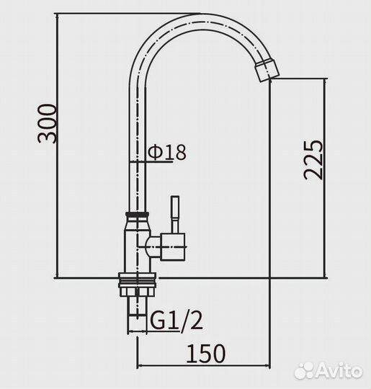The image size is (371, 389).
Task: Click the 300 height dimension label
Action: (47, 124)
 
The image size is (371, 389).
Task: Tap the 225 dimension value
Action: (313, 160)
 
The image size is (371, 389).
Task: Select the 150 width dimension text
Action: (206, 354)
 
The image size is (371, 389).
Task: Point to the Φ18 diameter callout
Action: (166, 152)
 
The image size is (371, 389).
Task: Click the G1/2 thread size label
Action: (176, 321)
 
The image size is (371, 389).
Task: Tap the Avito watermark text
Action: (339, 372)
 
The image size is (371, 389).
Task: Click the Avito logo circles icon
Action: (304, 372)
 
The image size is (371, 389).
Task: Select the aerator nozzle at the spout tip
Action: (267, 69)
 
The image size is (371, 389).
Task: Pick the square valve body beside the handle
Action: (173, 247)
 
